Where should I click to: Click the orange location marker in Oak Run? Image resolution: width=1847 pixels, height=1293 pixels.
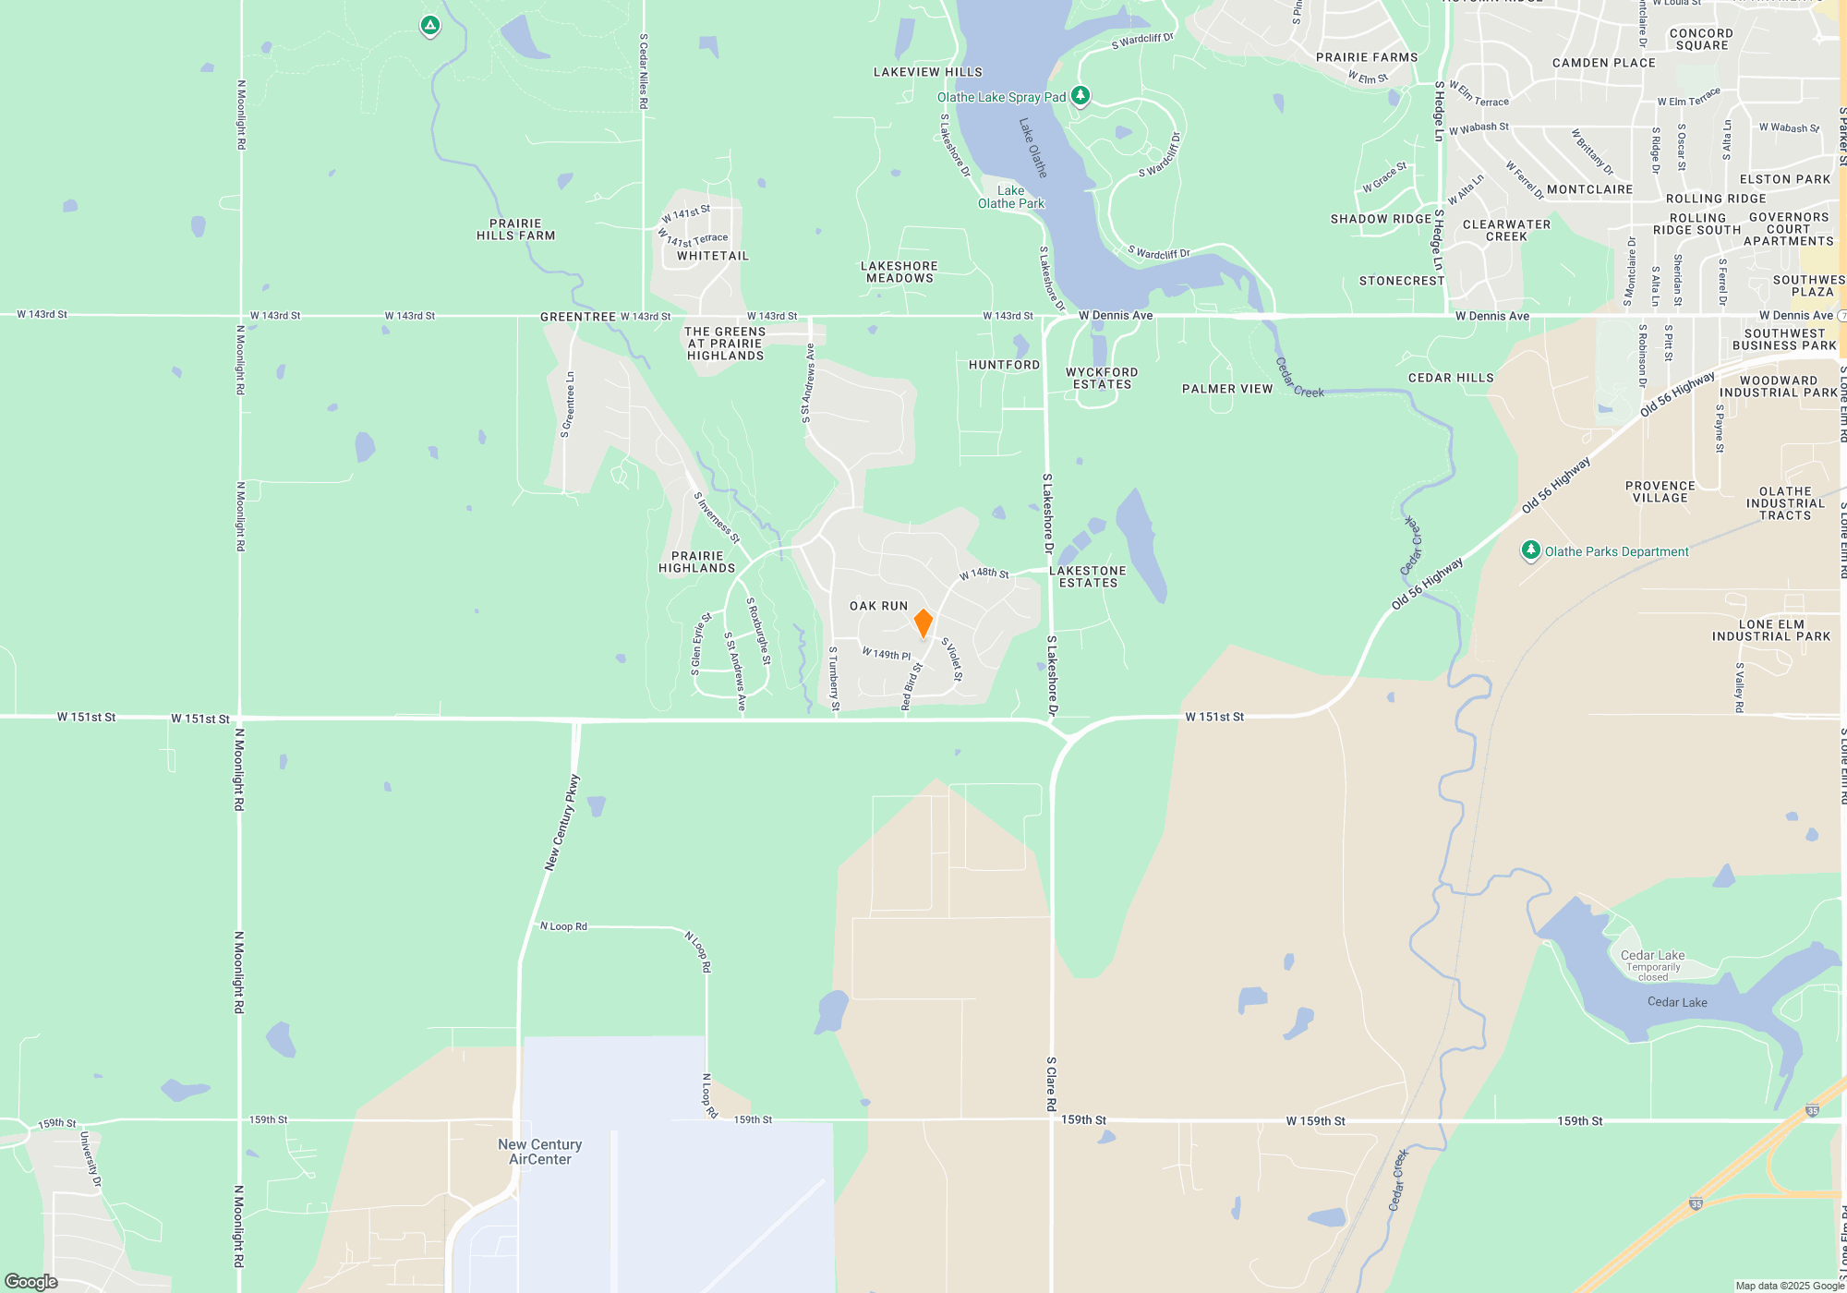pos(923,622)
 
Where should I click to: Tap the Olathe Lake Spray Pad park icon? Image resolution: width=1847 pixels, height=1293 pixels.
pos(1080,95)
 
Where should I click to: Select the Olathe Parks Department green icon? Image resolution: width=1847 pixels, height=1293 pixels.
pos(1530,550)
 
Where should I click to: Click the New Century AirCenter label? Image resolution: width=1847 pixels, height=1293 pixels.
pos(540,1152)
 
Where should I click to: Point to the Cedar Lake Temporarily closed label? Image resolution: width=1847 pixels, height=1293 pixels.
pos(1652,965)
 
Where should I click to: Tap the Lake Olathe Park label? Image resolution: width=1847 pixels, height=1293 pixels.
pos(1011,198)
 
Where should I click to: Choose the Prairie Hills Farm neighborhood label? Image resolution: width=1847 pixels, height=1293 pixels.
pos(515,230)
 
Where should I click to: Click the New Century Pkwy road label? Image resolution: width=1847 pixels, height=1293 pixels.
pos(562,822)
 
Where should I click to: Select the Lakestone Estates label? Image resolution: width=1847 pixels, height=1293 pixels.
pos(1088,577)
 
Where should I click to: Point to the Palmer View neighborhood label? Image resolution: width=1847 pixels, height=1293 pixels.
pos(1227,389)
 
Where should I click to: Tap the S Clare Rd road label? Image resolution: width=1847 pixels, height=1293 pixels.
pos(1051,1083)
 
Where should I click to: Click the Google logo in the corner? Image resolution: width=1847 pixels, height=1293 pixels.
pos(31,1281)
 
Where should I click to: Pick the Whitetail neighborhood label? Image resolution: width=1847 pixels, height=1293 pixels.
pos(713,256)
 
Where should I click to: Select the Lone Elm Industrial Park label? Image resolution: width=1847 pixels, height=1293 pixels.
pos(1770,631)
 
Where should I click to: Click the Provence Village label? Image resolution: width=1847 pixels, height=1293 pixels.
pos(1660,492)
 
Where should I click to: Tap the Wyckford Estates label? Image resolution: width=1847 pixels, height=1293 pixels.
pos(1102,379)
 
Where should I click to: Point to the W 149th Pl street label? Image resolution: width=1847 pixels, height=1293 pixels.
pos(887,654)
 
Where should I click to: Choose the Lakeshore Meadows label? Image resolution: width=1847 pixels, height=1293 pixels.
pos(899,272)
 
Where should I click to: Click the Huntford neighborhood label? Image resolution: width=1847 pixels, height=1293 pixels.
pos(1004,365)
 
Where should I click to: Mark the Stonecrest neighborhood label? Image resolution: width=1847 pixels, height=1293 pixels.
pos(1401,281)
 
